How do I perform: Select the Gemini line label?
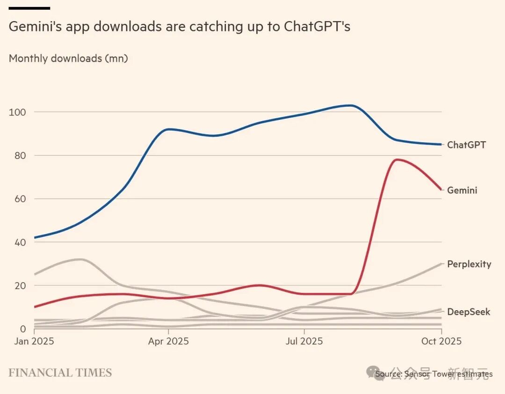coord(462,190)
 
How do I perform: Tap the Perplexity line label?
coord(469,264)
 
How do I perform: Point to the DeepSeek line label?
coord(469,312)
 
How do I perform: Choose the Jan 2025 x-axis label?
coord(31,341)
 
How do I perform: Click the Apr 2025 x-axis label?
coord(168,341)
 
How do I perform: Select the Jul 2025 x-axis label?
coord(304,341)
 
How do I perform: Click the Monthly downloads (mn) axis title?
coord(68,58)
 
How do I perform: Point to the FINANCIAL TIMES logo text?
coord(60,373)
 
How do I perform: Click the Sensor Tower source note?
coord(433,374)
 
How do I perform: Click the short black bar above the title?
coord(29,8)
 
